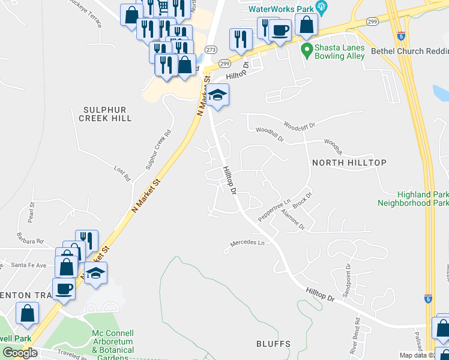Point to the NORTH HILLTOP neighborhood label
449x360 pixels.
coord(349,163)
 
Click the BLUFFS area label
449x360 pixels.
coord(273,344)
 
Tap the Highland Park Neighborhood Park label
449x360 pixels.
coord(413,199)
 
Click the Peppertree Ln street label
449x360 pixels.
coord(274,211)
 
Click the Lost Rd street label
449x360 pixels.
coord(122,174)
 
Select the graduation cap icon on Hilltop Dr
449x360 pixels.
coord(217,95)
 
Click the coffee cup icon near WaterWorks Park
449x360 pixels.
coord(279,30)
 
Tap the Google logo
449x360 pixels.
coord(20,353)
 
